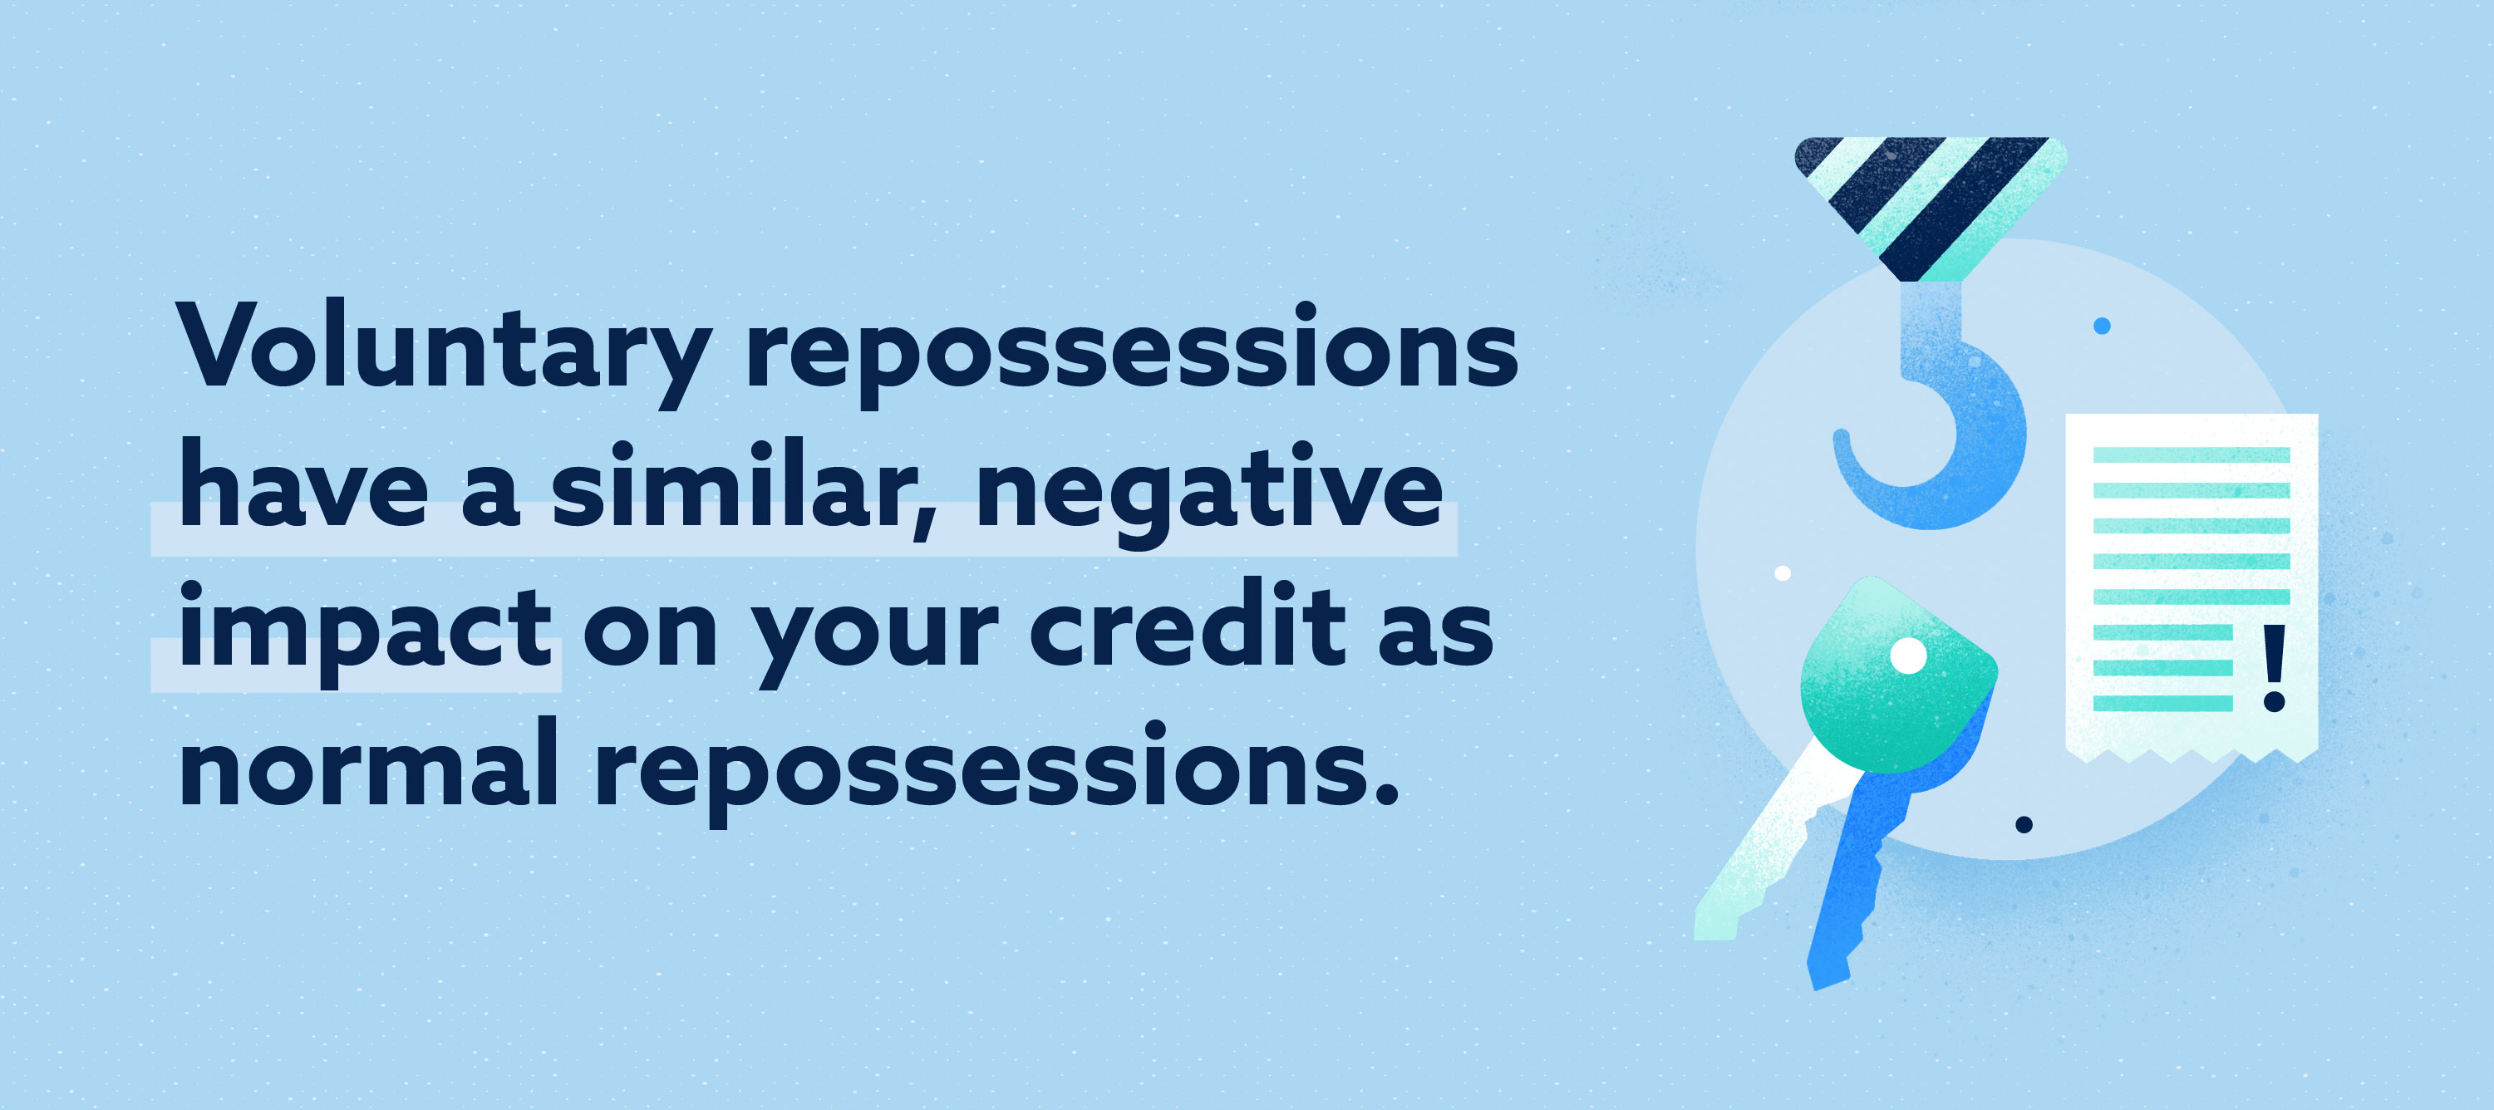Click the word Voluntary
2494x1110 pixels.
(x=445, y=351)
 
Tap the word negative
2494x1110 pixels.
(x=1209, y=494)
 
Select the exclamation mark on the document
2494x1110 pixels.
(x=2275, y=668)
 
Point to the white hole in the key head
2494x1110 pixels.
(x=1908, y=656)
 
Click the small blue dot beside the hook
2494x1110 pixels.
(x=2101, y=327)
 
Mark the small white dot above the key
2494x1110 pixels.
(x=1783, y=574)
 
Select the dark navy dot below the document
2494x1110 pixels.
(x=2024, y=824)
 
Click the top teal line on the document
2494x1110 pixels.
(x=2191, y=454)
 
